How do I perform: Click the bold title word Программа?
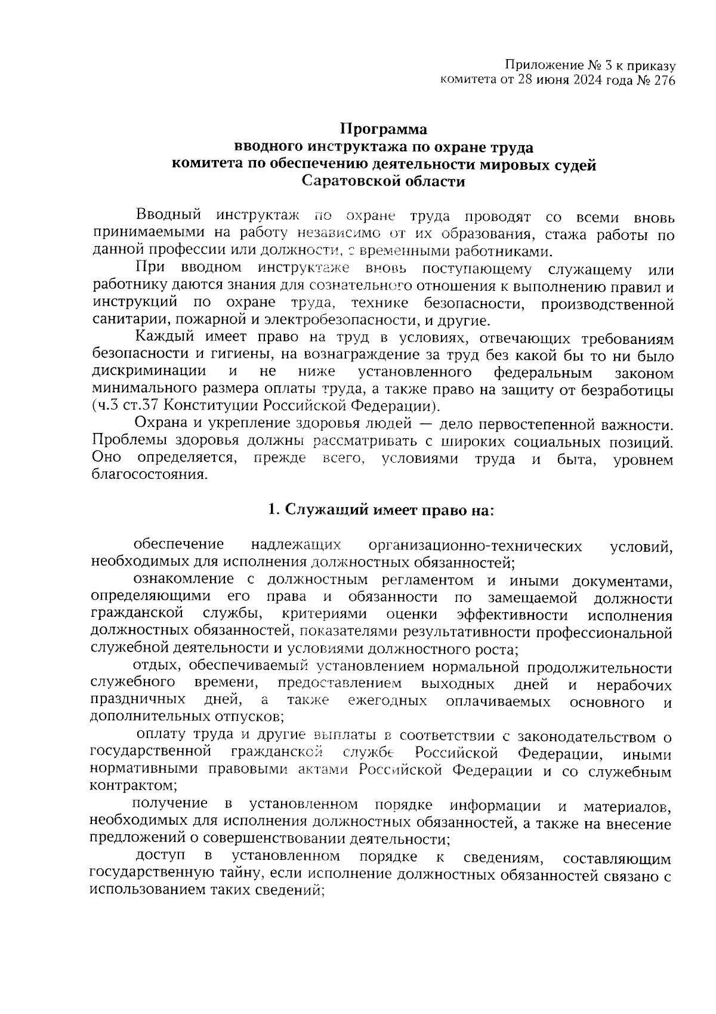point(384,129)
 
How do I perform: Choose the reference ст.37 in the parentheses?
point(141,407)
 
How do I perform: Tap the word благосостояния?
point(149,476)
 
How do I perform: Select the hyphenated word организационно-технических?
point(475,546)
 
